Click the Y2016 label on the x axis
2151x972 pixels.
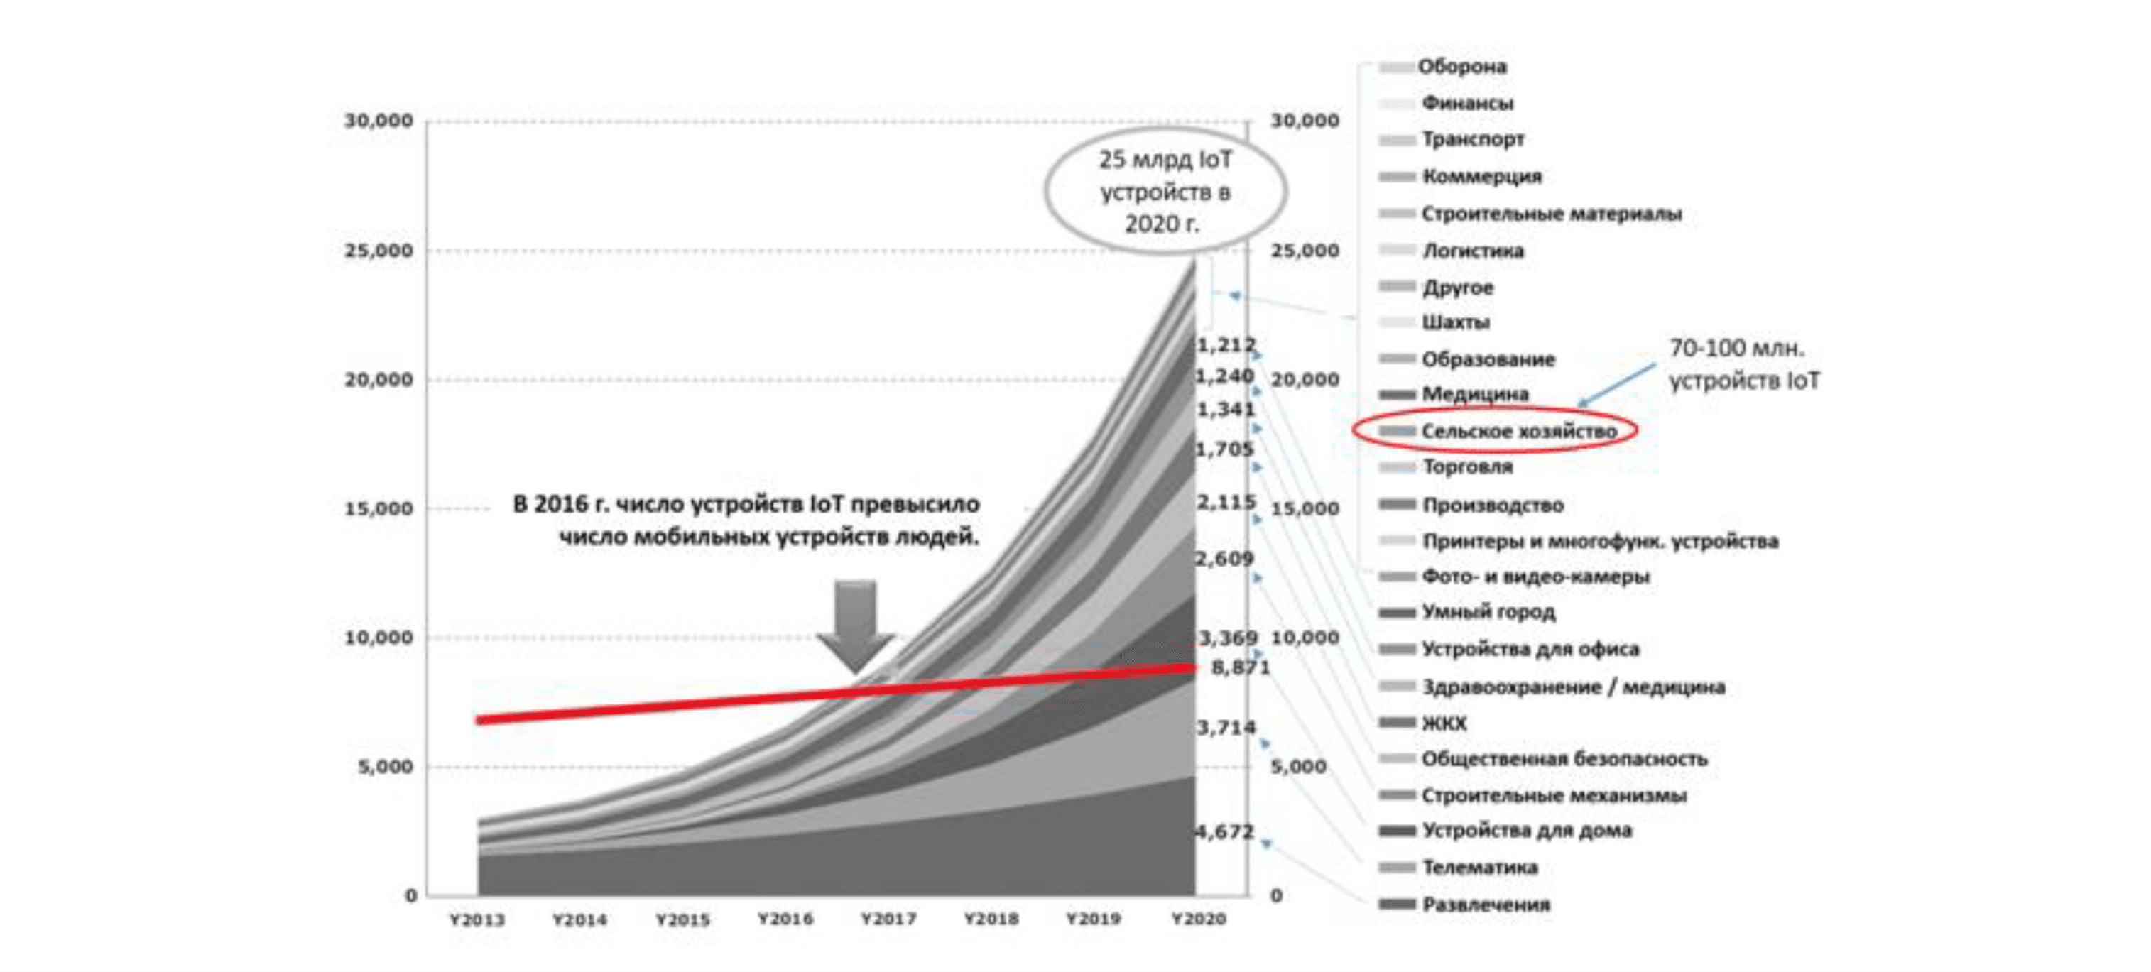(x=785, y=919)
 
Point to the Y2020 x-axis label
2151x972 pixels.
(x=1198, y=919)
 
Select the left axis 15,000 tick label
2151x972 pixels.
(x=379, y=508)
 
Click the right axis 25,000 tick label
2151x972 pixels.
(x=1305, y=251)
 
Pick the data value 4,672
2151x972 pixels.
(x=1224, y=831)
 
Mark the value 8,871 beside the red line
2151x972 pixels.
(x=1240, y=667)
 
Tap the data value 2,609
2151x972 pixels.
(x=1225, y=559)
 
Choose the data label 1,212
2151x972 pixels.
(x=1226, y=345)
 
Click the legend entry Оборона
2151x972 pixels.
(x=1462, y=67)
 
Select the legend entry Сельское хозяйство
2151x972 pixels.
(x=1519, y=431)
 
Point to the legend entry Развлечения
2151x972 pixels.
(x=1486, y=905)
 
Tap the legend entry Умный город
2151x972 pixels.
(x=1488, y=612)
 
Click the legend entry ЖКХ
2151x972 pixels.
(x=1444, y=723)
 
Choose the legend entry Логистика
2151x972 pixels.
(x=1473, y=251)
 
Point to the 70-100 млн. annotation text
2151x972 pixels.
(x=1743, y=364)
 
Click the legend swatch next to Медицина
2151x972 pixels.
(x=1397, y=394)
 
